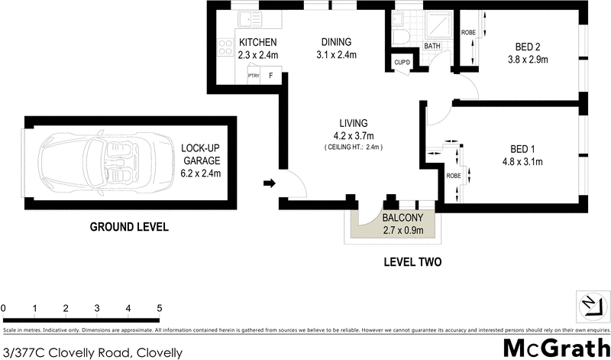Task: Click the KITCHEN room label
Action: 257,42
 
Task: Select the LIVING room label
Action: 354,123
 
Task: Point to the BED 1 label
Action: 526,149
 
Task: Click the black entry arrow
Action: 270,183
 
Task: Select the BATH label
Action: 433,46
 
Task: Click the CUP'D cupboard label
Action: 402,62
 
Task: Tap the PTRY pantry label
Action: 254,76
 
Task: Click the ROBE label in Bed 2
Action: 468,32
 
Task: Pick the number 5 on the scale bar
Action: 159,308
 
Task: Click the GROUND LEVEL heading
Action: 129,227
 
